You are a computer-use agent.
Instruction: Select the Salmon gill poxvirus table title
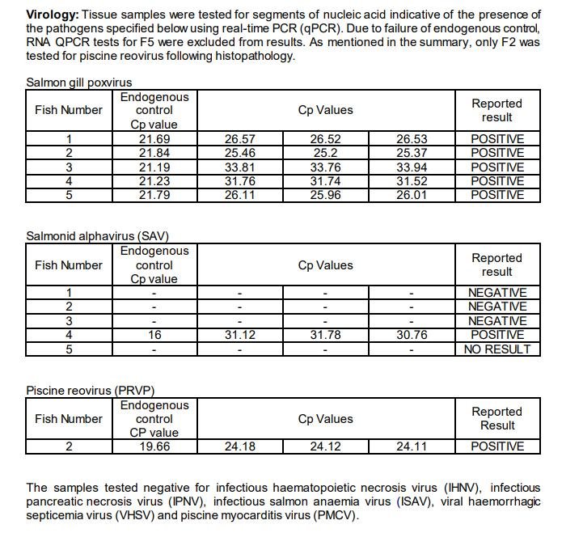78,82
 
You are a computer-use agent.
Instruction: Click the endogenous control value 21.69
154,139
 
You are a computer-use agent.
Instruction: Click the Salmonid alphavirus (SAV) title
98,236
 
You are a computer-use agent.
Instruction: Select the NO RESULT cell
497,349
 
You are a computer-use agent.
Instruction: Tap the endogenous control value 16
154,335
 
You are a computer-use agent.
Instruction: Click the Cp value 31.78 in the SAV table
325,335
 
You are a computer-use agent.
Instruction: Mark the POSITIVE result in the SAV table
497,335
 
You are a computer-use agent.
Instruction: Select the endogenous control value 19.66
154,446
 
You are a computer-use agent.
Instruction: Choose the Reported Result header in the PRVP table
497,419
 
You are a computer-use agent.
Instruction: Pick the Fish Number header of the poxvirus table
69,110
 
